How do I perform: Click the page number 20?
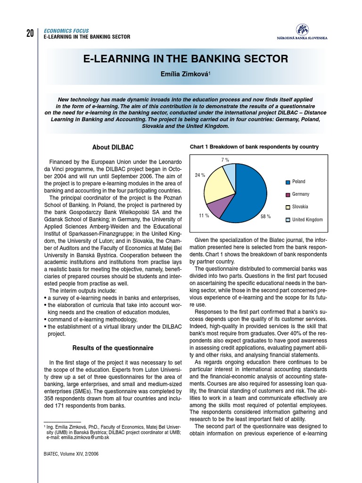point(30,33)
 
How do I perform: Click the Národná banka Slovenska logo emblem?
point(302,29)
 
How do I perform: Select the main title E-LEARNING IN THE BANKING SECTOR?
point(185,59)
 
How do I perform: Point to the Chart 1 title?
point(254,147)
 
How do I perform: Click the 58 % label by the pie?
point(265,217)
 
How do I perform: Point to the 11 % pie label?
point(204,216)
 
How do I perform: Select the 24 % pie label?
point(199,175)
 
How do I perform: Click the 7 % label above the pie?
point(225,160)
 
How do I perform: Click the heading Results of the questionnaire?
point(113,348)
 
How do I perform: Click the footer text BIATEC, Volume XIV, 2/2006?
point(72,454)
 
